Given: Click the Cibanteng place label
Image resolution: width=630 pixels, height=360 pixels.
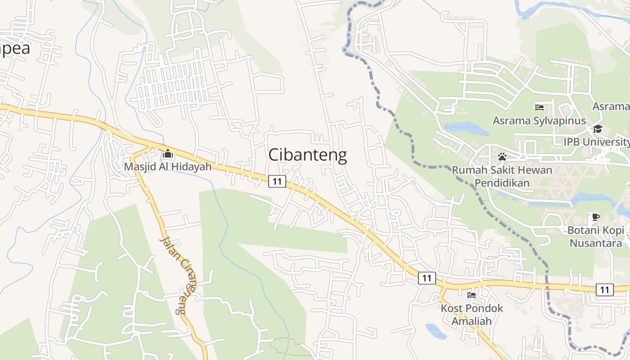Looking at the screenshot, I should point(307,155).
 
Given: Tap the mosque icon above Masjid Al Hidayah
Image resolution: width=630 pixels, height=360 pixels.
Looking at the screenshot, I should point(168,154).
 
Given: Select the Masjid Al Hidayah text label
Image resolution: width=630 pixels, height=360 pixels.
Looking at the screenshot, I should point(168,166).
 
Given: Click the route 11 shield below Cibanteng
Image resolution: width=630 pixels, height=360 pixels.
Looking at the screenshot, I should point(277,181).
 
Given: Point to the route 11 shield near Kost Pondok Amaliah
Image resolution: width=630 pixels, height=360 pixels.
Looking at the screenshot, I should point(427,278).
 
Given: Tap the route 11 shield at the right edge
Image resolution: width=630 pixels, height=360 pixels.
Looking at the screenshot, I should point(604,289).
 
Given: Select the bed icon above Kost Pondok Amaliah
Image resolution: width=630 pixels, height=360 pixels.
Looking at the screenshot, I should point(472,295).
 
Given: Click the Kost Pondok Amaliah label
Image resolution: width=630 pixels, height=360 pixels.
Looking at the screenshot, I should point(472,315).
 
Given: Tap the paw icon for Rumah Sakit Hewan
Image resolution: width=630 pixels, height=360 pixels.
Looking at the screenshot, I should point(502,157).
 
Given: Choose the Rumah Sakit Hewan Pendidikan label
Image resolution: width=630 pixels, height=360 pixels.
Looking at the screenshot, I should point(502,176).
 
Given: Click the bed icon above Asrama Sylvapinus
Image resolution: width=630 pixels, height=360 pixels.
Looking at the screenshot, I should point(540,107).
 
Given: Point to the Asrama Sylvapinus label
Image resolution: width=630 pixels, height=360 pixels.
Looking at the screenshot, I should point(539,121).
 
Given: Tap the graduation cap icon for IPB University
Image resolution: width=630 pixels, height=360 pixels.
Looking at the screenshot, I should point(598,129).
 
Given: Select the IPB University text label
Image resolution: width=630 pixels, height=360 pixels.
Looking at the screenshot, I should point(597,142).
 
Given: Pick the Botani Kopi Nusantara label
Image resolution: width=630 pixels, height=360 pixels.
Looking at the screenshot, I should point(596,237).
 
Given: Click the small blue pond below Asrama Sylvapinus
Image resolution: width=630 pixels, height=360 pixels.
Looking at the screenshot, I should point(466,128).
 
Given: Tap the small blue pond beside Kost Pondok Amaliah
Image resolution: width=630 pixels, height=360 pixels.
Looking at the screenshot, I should point(435,331).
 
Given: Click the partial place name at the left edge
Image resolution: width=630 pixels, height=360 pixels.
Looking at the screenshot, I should point(14,48).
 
